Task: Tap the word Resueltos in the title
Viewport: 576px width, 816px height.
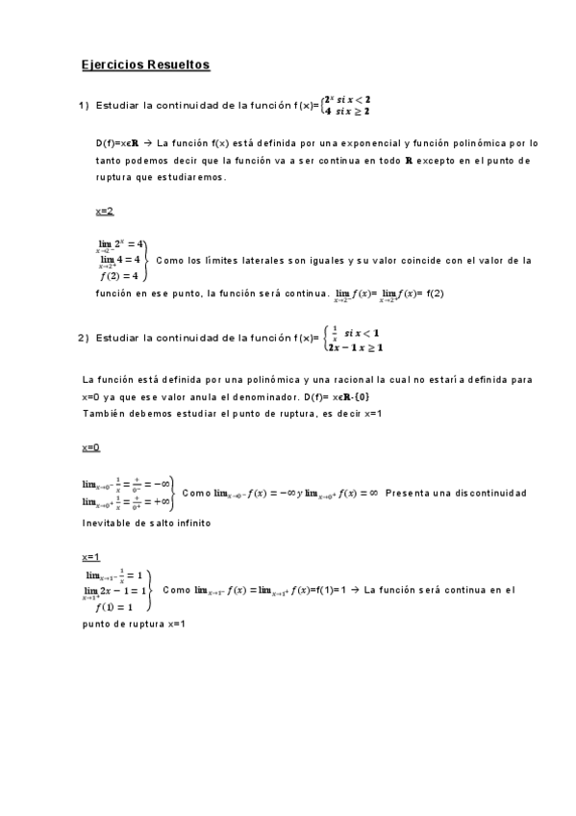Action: pyautogui.click(x=179, y=65)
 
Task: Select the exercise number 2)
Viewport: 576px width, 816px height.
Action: pyautogui.click(x=84, y=338)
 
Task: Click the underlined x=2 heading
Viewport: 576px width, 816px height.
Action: pyautogui.click(x=105, y=211)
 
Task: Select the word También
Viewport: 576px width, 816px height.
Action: pyautogui.click(x=104, y=414)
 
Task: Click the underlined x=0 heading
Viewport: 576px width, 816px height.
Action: pyautogui.click(x=91, y=447)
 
